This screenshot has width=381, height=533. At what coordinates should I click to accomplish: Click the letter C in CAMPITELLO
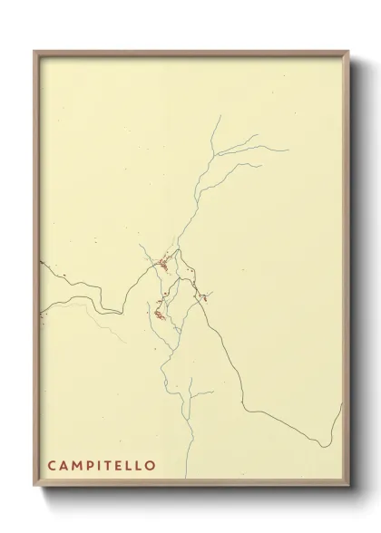[x=53, y=466]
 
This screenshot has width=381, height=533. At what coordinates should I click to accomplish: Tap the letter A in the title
[x=65, y=466]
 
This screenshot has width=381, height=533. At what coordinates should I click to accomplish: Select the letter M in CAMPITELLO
[x=79, y=466]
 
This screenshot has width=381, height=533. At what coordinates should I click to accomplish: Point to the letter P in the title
[x=92, y=466]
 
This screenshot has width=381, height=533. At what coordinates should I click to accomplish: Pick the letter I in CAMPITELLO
[x=101, y=466]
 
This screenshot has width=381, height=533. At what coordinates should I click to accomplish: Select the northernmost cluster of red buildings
[x=163, y=265]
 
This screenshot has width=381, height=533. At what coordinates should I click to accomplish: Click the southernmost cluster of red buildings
[x=159, y=315]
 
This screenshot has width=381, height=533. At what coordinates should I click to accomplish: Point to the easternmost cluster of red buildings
[x=203, y=296]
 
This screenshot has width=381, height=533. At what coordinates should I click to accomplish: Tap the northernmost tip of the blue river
[x=218, y=115]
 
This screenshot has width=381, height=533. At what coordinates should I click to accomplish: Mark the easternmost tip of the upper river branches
[x=288, y=150]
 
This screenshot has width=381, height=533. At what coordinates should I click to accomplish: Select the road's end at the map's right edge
[x=341, y=406]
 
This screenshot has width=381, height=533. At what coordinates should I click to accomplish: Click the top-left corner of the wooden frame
[x=35, y=52]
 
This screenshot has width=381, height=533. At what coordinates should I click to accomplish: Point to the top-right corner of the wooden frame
[x=348, y=52]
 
